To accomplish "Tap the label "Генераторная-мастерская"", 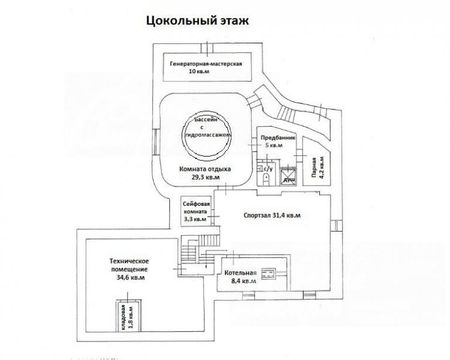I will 206,64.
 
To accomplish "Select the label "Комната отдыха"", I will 205,169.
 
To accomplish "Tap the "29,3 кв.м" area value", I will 205,178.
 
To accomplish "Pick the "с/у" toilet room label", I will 268,168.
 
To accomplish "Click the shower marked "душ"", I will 288,174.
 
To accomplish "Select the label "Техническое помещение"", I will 129,264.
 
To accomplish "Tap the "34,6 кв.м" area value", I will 130,278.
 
